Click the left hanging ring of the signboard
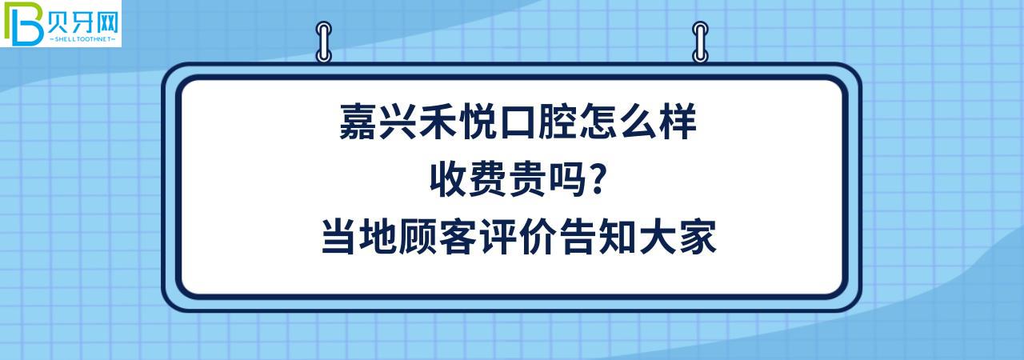pyautogui.click(x=324, y=42)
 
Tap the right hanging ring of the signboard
pyautogui.click(x=700, y=42)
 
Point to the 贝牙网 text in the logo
pyautogui.click(x=83, y=17)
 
